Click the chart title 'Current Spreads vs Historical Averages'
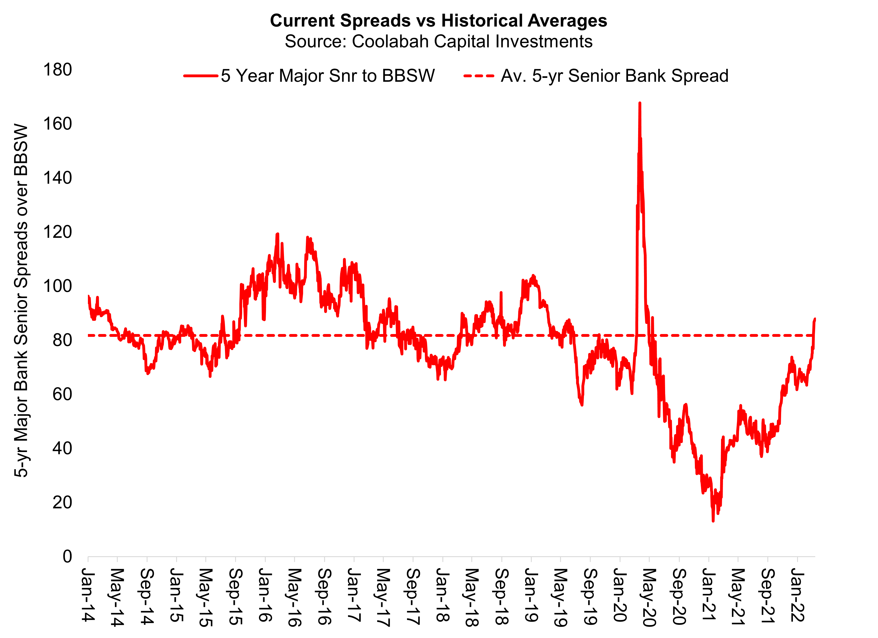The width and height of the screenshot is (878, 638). click(x=438, y=21)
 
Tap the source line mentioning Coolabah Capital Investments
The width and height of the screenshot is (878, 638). click(x=438, y=41)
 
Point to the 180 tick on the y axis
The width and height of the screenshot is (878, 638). click(x=57, y=70)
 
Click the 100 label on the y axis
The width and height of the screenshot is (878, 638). click(x=57, y=287)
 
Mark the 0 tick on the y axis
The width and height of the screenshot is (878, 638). click(x=67, y=557)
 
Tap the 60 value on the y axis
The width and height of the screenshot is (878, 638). click(x=62, y=394)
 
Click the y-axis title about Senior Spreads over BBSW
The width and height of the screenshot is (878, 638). click(x=21, y=300)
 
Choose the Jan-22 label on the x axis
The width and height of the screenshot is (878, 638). click(x=797, y=595)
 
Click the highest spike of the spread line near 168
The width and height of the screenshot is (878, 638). click(x=640, y=103)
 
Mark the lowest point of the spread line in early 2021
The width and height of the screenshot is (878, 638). click(x=713, y=521)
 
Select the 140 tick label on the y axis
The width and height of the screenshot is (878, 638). click(x=57, y=178)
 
